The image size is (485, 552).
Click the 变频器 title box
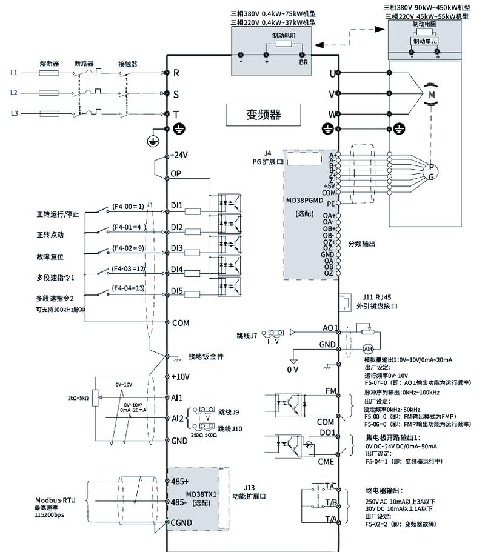point(264,113)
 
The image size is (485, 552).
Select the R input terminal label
point(176,73)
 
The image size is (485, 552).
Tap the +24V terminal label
point(180,155)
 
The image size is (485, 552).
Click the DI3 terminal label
point(177,248)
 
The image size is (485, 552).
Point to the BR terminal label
point(303,62)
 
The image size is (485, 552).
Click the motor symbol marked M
point(432,95)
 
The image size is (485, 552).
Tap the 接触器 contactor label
point(127,63)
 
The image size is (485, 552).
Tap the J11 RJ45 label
point(378,298)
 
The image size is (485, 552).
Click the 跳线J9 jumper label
point(229,413)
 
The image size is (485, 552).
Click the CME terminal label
point(326,461)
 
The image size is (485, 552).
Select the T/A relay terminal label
point(330,519)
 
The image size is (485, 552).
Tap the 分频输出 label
point(363,243)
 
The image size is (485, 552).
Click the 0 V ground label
point(293,369)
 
